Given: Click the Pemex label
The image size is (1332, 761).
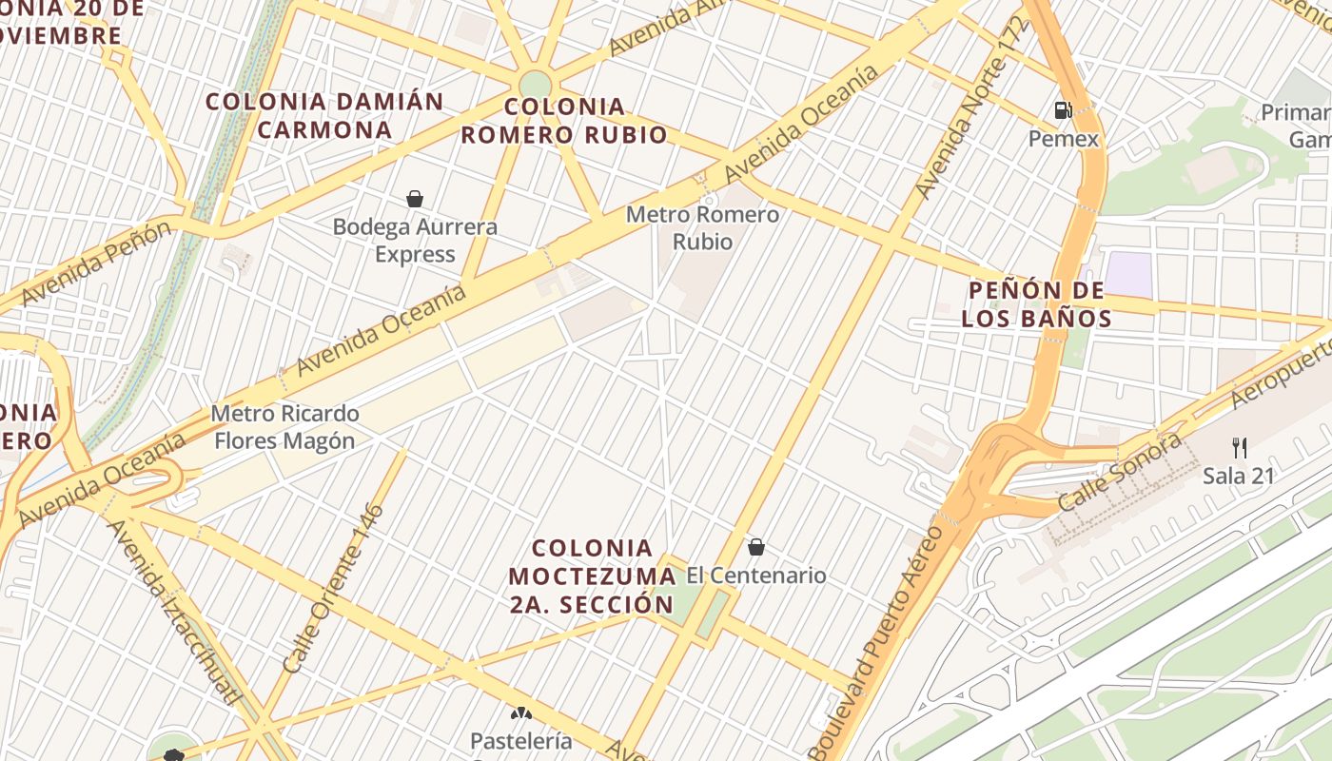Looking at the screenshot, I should [1063, 139].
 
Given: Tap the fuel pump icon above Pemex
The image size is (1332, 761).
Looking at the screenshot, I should [1063, 110].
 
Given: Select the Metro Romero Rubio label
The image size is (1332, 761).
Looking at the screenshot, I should [702, 228].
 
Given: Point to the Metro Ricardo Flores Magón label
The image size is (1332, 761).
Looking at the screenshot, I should [284, 427].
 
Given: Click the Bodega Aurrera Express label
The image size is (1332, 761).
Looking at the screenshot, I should [415, 241].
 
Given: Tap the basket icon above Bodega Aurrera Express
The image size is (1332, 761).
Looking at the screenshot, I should [415, 199].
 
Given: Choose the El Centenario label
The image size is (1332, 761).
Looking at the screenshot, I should [756, 576].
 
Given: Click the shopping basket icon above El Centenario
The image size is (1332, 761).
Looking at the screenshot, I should [756, 547].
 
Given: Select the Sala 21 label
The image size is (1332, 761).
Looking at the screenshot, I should [1238, 476].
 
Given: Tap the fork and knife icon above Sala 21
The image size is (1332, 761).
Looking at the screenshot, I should [1239, 447].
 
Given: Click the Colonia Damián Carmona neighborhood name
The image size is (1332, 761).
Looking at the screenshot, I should [324, 115].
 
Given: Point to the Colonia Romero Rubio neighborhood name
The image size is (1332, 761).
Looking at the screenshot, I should [564, 121].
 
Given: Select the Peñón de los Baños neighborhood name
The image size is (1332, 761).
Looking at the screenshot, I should [1036, 303].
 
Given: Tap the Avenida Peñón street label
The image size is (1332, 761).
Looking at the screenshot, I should [96, 262].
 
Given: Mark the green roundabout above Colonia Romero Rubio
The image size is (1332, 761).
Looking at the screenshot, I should [536, 85].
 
